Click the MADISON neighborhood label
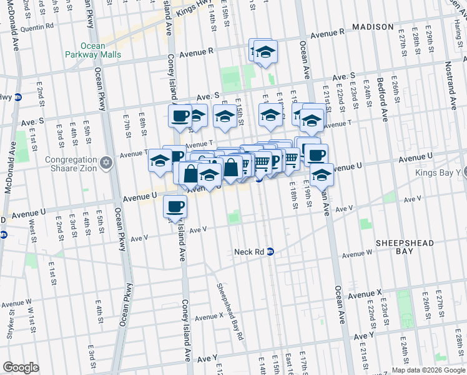pyautogui.click(x=372, y=27)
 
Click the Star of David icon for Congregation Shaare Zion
pyautogui.click(x=106, y=162)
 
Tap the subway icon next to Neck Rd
pyautogui.click(x=270, y=252)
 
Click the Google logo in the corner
pyautogui.click(x=21, y=367)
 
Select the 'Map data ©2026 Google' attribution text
pyautogui.click(x=428, y=370)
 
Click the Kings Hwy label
pyautogui.click(x=195, y=11)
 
